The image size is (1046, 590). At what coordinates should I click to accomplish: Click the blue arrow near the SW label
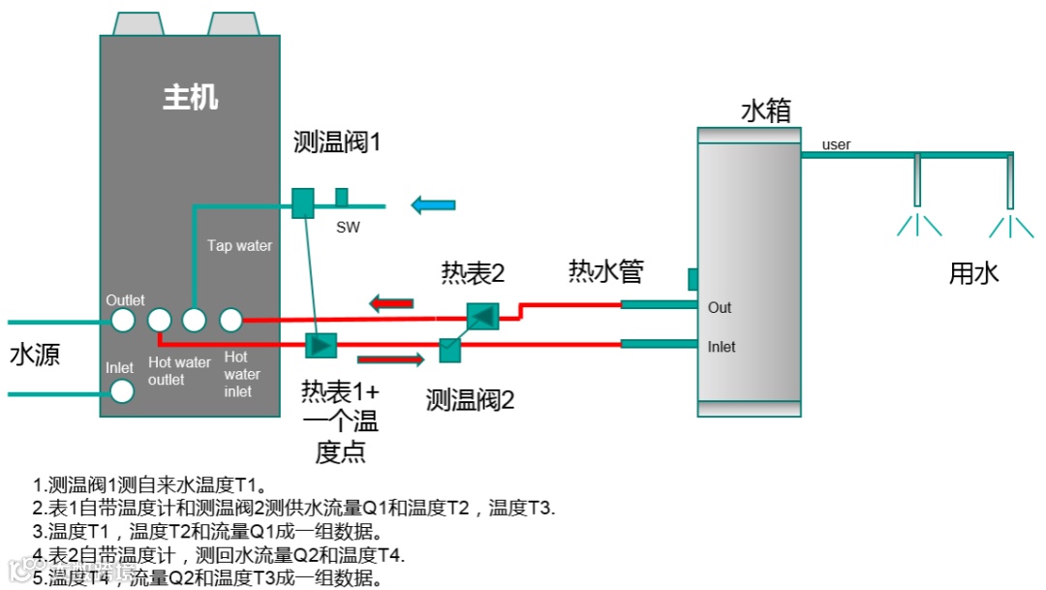click(x=433, y=204)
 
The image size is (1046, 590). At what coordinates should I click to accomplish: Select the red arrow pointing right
click(x=391, y=360)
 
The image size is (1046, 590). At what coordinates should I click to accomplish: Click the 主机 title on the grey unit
click(x=190, y=97)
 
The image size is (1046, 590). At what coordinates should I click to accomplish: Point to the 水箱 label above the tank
click(x=766, y=110)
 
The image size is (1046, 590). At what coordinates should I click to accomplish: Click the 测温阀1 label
click(x=338, y=142)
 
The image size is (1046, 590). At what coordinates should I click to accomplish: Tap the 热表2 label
click(x=474, y=274)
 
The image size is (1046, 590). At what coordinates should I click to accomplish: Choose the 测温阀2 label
click(x=471, y=398)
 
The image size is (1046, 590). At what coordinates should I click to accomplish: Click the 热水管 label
click(x=606, y=271)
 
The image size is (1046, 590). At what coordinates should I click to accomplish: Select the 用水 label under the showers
click(x=973, y=273)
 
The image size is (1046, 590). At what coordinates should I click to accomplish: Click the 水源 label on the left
click(x=35, y=355)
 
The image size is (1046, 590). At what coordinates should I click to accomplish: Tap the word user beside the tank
click(x=836, y=145)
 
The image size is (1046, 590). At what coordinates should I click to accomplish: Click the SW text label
click(x=349, y=228)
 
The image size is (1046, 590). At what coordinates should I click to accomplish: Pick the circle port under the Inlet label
click(x=122, y=390)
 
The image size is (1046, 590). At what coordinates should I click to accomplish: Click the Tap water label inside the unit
click(x=239, y=246)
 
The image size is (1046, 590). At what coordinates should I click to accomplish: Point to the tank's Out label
click(x=720, y=308)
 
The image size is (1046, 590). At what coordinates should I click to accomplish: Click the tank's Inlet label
click(x=722, y=347)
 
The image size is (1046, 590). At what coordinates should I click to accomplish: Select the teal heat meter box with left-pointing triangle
click(x=481, y=316)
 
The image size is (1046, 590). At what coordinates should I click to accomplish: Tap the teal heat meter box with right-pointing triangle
click(x=320, y=344)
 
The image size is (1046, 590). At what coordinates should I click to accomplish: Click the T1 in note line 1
click(x=250, y=484)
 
